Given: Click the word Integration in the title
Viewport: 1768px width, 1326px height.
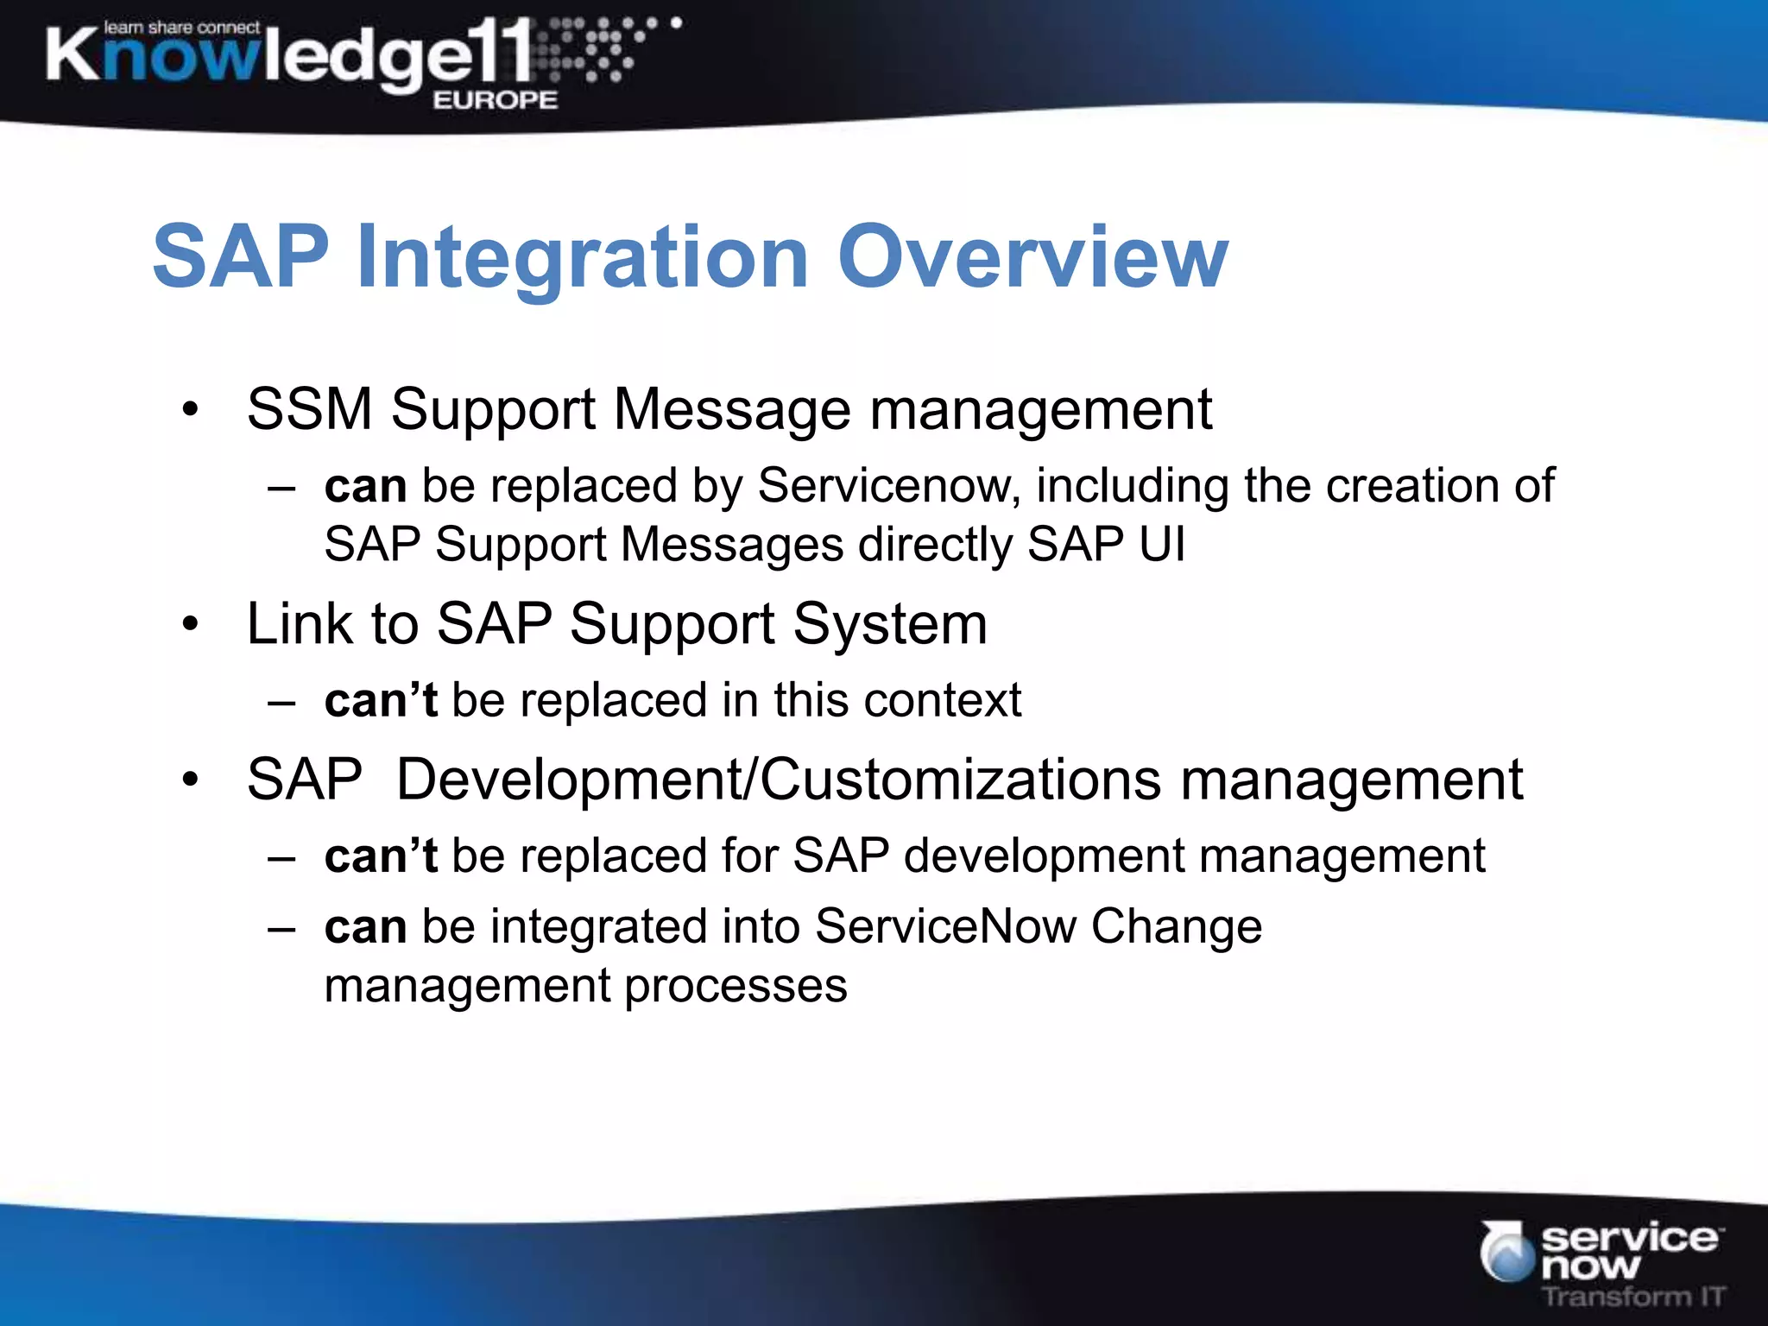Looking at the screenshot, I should (x=583, y=258).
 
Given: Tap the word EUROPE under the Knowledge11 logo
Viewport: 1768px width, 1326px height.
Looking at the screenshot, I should (x=495, y=100).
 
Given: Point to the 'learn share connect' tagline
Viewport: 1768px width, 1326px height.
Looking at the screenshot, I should (x=182, y=28).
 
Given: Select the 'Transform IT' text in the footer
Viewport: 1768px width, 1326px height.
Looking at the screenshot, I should (x=1633, y=1296).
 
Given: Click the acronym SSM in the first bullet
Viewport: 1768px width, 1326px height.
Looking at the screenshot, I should (x=309, y=408).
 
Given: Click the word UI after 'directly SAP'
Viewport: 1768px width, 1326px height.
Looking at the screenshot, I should (x=1162, y=545).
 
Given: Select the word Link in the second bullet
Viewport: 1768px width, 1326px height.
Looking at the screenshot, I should (x=300, y=623).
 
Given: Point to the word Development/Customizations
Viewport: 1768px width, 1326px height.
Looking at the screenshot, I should (x=778, y=780).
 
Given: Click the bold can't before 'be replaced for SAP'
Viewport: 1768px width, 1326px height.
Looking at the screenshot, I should (x=381, y=856).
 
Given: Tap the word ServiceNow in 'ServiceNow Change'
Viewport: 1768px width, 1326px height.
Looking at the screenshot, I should (x=944, y=926).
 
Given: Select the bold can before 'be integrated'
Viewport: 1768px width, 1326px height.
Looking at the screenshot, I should (x=365, y=927).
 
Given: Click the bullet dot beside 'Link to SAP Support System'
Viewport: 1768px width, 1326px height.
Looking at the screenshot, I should (x=191, y=623).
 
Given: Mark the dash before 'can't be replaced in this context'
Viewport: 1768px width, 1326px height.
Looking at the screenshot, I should (x=281, y=701).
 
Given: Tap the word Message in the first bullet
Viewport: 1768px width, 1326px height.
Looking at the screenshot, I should (x=732, y=408).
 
